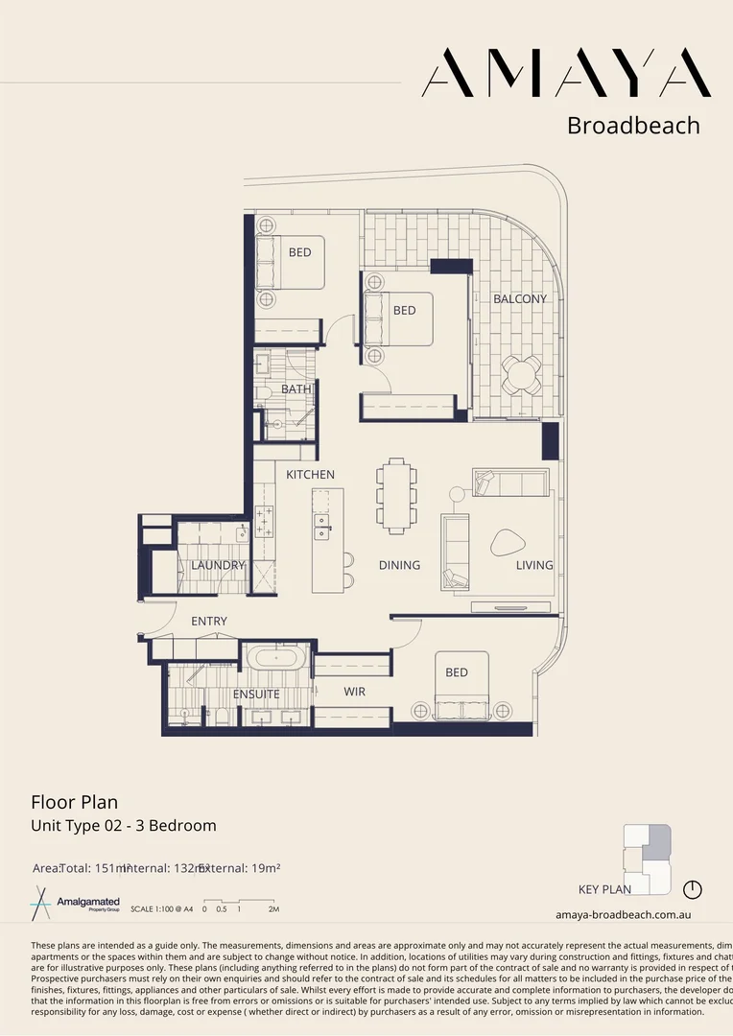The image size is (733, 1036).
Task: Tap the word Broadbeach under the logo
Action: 633,126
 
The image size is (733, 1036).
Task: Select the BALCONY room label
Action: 520,299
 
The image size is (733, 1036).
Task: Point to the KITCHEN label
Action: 310,475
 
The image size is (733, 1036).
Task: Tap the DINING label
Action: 399,565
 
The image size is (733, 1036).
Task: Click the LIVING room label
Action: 534,565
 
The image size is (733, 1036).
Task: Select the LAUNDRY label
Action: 218,566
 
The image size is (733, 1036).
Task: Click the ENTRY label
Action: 209,622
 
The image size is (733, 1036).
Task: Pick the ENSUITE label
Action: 256,695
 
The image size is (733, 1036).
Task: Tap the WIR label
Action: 354,692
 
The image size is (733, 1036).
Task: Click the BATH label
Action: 296,389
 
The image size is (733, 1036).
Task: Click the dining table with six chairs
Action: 396,495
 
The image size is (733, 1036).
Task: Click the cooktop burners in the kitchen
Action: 265,523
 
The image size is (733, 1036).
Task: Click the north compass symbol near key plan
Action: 693,888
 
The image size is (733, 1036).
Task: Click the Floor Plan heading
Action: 74,802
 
